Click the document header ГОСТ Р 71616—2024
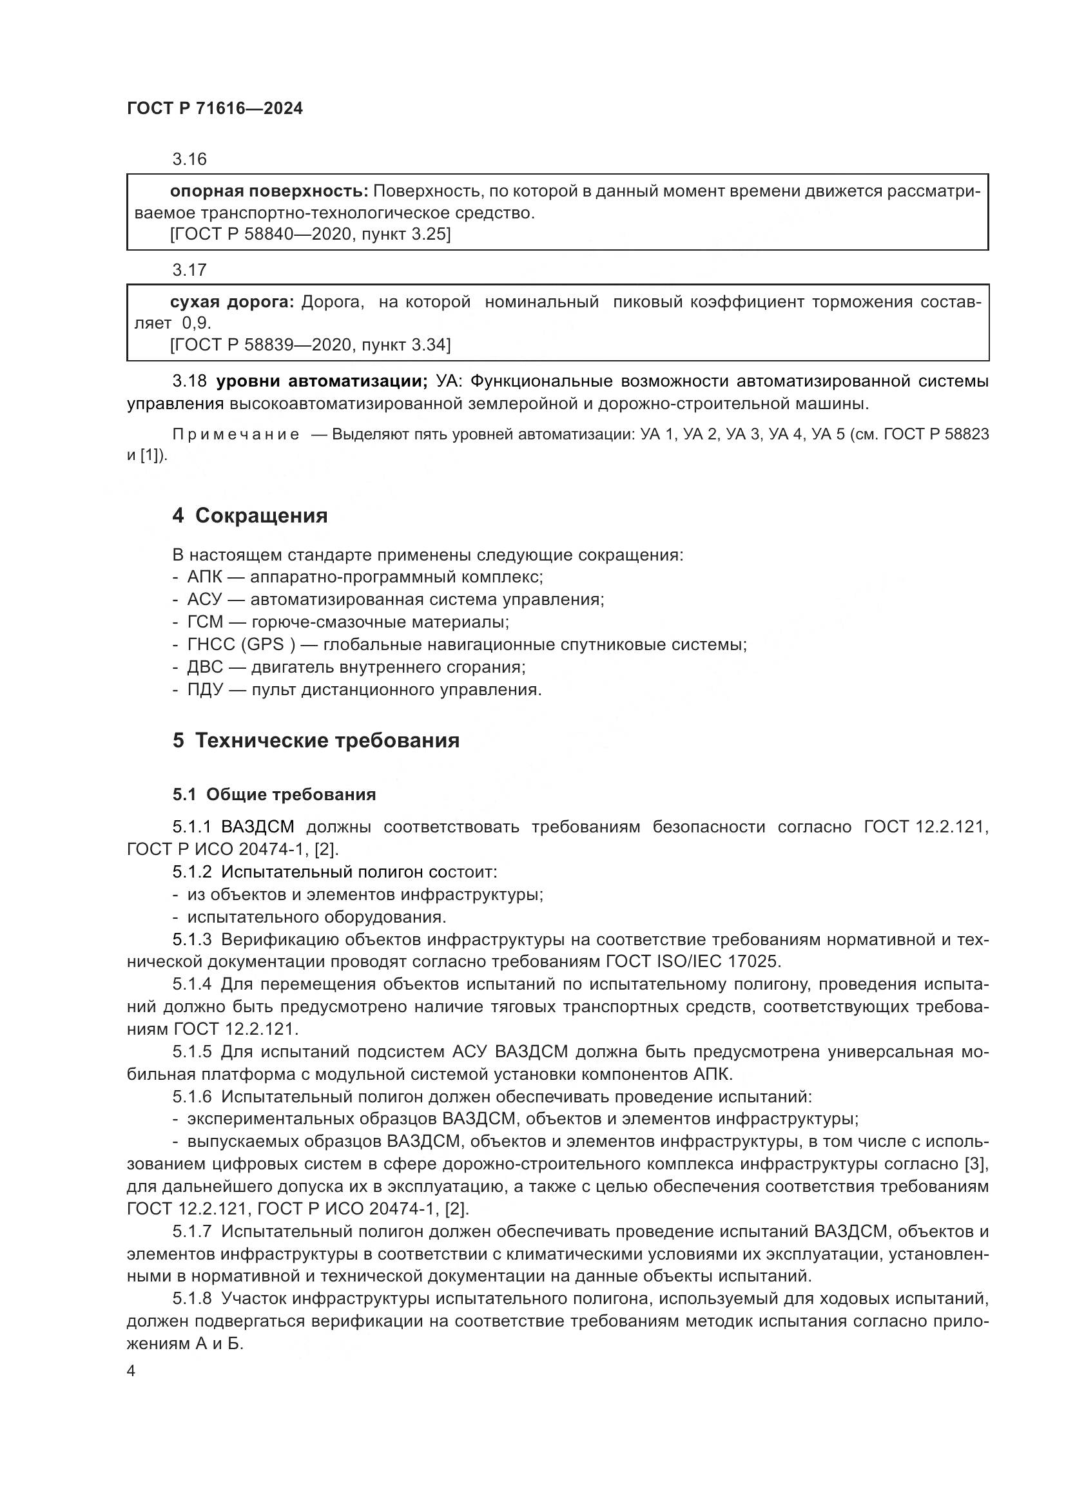[x=215, y=109]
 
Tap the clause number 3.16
[x=189, y=160]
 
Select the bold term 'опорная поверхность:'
[x=269, y=191]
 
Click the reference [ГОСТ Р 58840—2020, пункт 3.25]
[x=310, y=235]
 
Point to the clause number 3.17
[x=189, y=270]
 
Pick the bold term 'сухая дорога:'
[x=233, y=303]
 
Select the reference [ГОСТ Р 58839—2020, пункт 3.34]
[x=310, y=345]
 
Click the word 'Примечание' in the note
[x=236, y=435]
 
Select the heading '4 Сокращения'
[x=249, y=516]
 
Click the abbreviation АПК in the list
[x=205, y=577]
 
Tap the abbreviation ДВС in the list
[x=206, y=667]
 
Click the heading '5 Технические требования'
[x=316, y=741]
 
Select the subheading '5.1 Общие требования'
[x=275, y=795]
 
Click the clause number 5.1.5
[x=192, y=1052]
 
